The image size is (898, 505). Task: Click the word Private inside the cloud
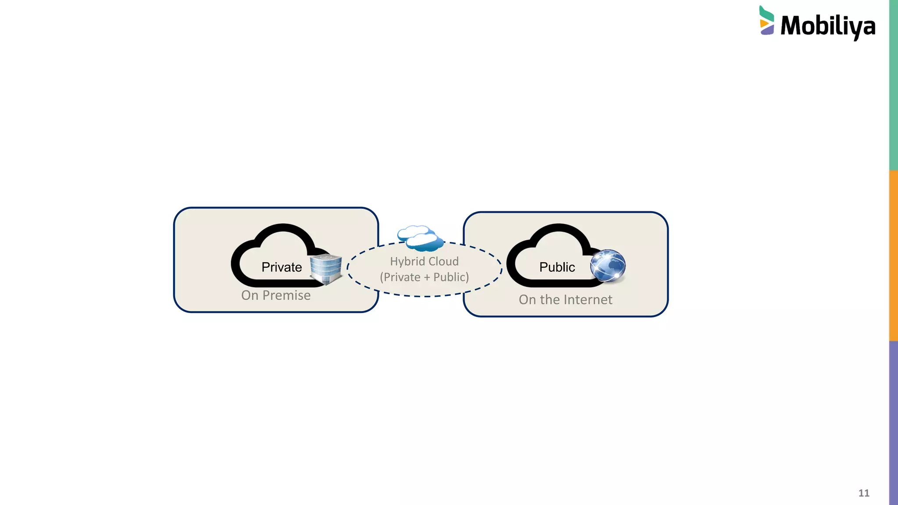[282, 267]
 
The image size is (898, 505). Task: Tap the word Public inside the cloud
[557, 267]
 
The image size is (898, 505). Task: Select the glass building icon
[326, 269]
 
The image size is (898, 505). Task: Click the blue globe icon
[608, 265]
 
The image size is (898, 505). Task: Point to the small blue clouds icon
[420, 238]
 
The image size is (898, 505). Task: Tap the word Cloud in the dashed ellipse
[443, 261]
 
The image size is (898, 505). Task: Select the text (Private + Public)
[424, 277]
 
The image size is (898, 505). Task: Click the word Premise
[286, 295]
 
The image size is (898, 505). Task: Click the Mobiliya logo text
[828, 26]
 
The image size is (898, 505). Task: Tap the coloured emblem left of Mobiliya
[766, 21]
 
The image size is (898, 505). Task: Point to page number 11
[864, 493]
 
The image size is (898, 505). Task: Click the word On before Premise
[249, 295]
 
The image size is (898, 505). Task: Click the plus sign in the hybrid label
[427, 277]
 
